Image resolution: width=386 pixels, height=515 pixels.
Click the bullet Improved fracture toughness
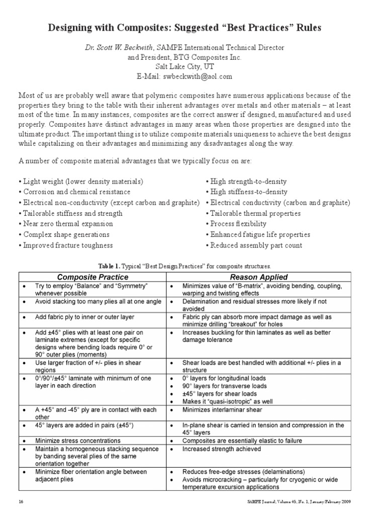tap(65, 245)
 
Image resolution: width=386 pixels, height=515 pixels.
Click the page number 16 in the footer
tap(21, 502)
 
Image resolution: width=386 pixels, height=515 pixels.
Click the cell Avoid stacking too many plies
tap(98, 302)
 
